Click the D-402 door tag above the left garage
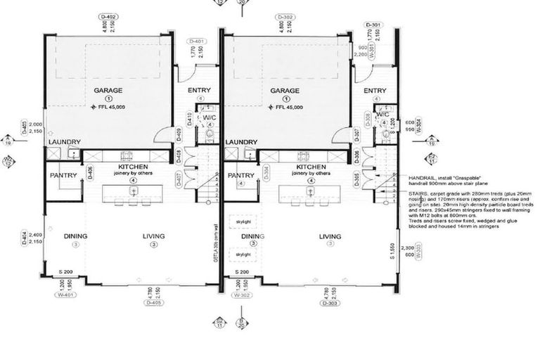coord(109,17)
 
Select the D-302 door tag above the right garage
coord(285,17)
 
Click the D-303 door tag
coord(328,303)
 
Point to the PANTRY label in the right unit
coord(241,175)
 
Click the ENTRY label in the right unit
coord(375,91)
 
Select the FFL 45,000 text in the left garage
coord(113,108)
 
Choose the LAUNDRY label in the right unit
coord(241,142)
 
